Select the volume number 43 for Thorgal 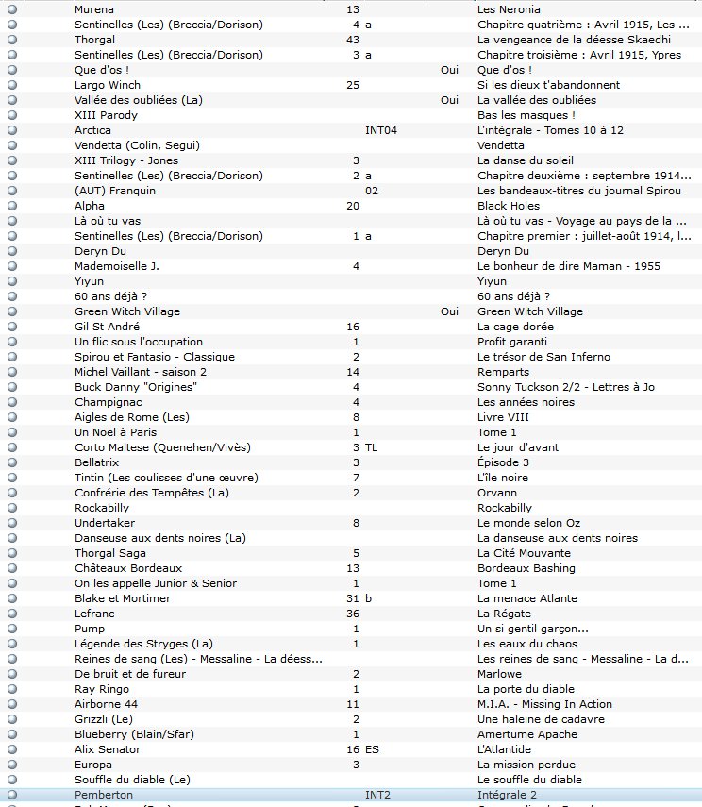[353, 40]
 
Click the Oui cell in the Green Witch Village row [449, 311]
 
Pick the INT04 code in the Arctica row [381, 130]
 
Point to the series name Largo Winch [108, 85]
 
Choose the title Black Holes [509, 206]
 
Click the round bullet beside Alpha [12, 206]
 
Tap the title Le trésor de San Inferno [543, 357]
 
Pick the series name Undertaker [105, 523]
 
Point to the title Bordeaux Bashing [525, 568]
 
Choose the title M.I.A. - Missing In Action [544, 704]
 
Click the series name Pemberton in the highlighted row [104, 795]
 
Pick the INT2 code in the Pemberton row [377, 795]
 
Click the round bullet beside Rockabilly [12, 508]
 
